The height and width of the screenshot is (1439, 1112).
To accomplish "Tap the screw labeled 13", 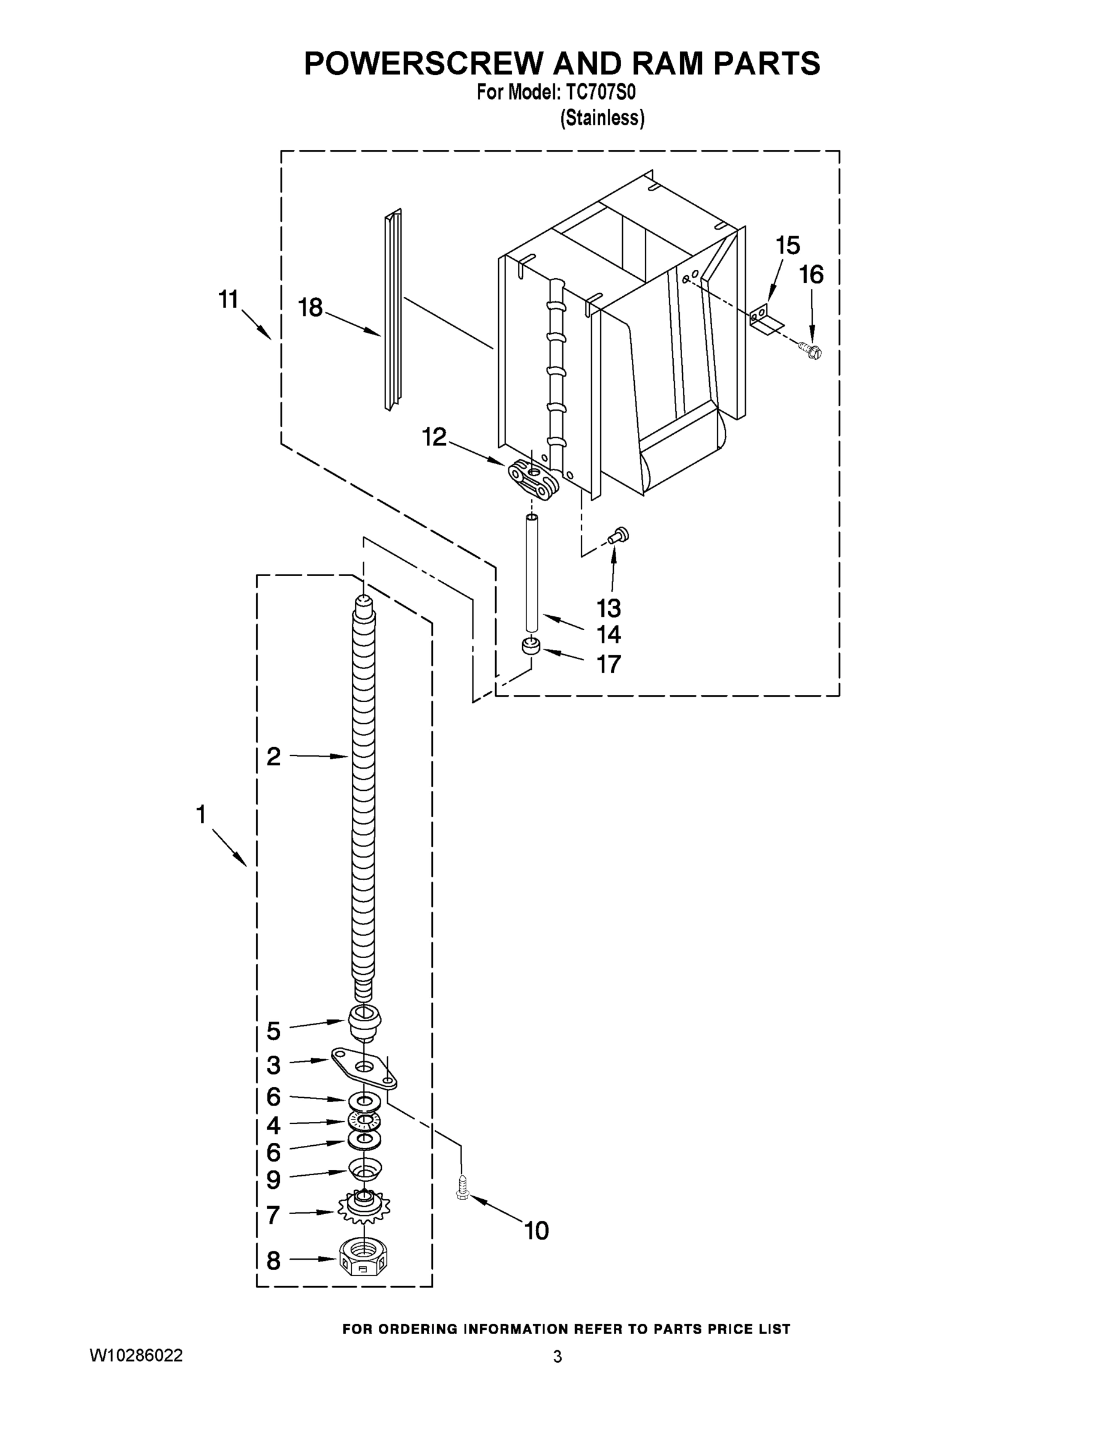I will tap(619, 535).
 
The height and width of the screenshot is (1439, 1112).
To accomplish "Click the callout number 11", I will tap(228, 300).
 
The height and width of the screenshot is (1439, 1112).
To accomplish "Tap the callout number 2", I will tap(273, 757).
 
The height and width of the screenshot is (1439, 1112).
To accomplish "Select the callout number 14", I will tap(608, 634).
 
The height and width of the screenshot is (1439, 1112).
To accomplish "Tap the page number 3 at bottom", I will tap(557, 1357).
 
